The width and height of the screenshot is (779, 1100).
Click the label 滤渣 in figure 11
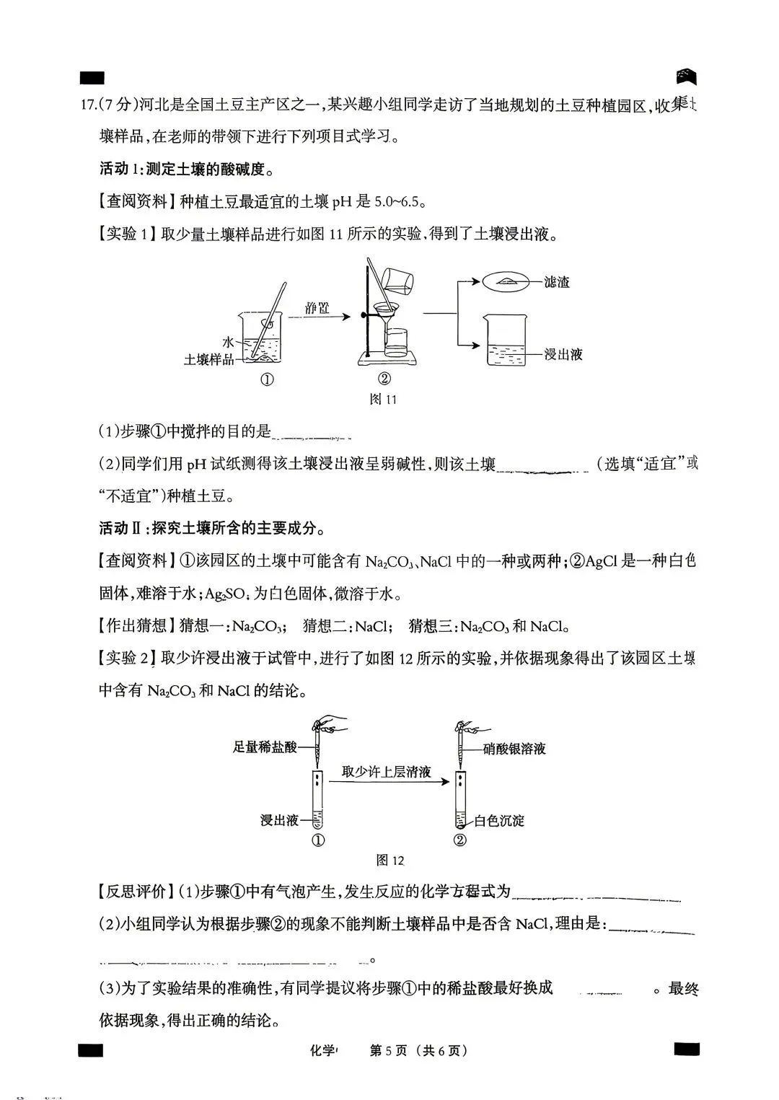point(557,283)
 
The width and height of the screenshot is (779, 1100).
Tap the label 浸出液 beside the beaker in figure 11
point(563,354)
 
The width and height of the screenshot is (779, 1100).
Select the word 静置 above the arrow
point(317,308)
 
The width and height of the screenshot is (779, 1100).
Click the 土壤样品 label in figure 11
point(208,358)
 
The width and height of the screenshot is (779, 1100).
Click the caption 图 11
point(382,399)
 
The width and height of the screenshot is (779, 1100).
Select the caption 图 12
point(390,860)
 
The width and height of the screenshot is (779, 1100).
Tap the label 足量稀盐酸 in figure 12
point(265,747)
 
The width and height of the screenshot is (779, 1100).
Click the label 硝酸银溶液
point(514,749)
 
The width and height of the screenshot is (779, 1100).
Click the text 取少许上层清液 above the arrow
point(387,772)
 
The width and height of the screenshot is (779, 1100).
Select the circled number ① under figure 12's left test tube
point(317,840)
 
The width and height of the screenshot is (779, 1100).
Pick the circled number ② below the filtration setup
point(384,379)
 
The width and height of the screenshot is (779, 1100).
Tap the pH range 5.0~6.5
point(397,201)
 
